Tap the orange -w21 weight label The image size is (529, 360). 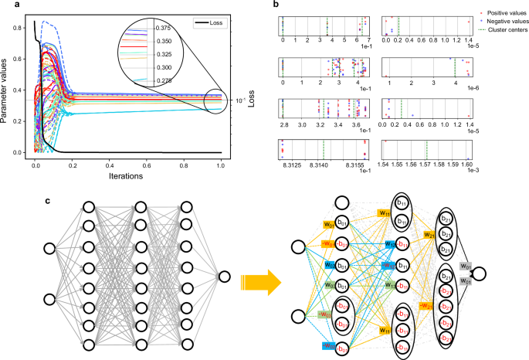pyautogui.click(x=427, y=306)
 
